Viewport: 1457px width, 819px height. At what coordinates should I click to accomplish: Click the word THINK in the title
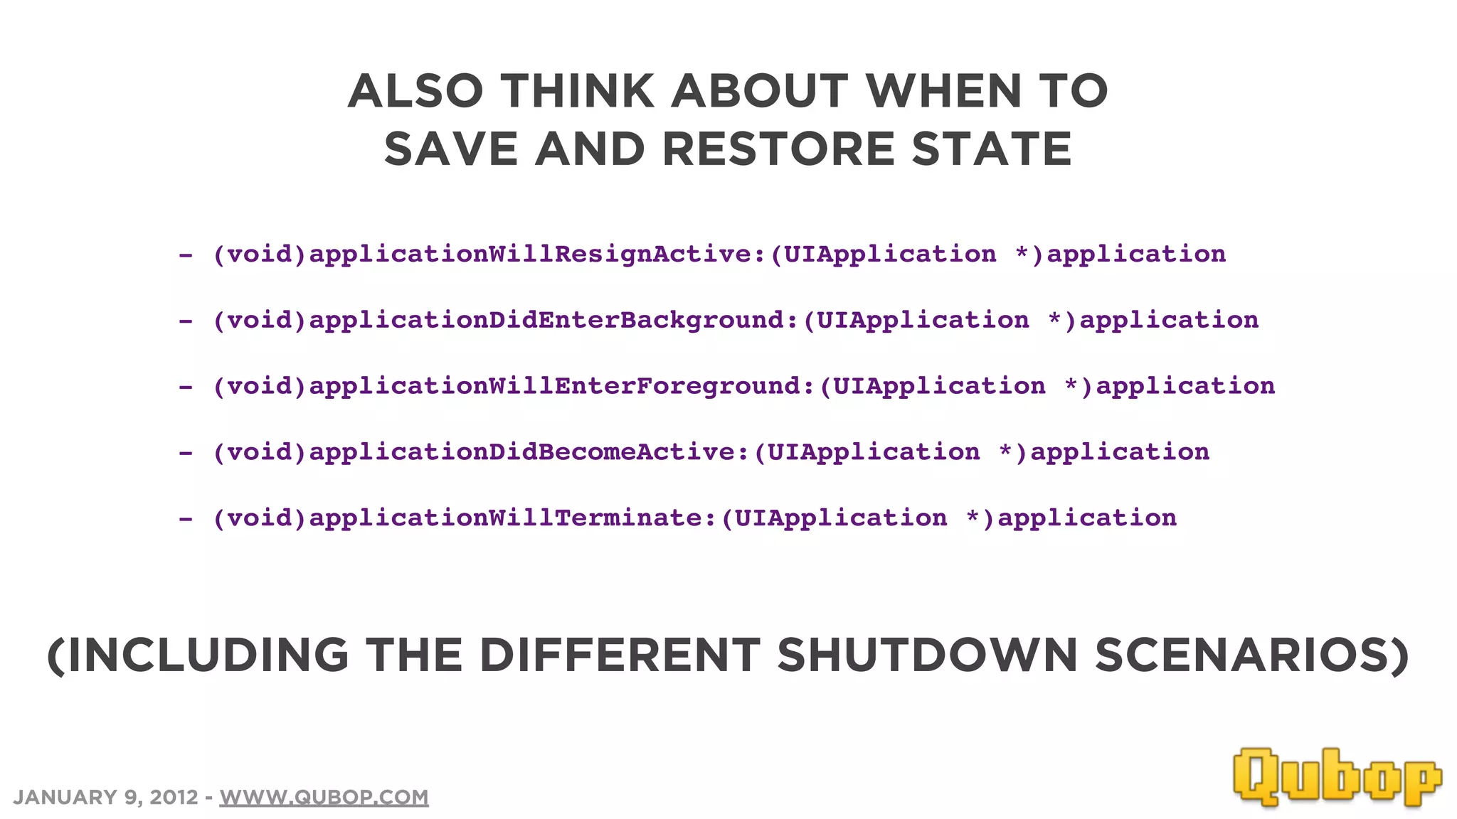click(x=577, y=92)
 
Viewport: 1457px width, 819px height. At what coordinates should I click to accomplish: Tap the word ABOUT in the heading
click(x=760, y=92)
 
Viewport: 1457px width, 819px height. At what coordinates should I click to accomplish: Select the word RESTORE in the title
click(x=778, y=149)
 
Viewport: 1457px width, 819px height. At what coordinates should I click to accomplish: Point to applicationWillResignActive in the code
click(x=530, y=254)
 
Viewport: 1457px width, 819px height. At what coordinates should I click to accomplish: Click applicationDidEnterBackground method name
click(x=546, y=320)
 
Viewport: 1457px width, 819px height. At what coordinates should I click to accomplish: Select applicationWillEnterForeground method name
click(x=554, y=386)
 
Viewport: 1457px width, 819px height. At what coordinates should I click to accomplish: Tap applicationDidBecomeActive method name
click(x=521, y=452)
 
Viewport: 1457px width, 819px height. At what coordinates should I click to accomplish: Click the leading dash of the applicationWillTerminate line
click(x=186, y=520)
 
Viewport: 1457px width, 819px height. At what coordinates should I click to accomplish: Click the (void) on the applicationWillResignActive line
click(x=260, y=254)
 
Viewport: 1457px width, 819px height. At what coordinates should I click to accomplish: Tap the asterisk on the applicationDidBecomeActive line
click(x=1005, y=451)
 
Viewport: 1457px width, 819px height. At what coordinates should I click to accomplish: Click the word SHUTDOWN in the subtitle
click(x=927, y=655)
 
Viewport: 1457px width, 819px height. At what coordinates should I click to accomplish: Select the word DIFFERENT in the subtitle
click(x=620, y=655)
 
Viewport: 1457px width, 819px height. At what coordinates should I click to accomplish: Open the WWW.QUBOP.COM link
click(x=324, y=797)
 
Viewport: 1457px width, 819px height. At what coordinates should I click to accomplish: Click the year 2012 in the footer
click(x=174, y=797)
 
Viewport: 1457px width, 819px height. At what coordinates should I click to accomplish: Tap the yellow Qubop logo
click(x=1337, y=776)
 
